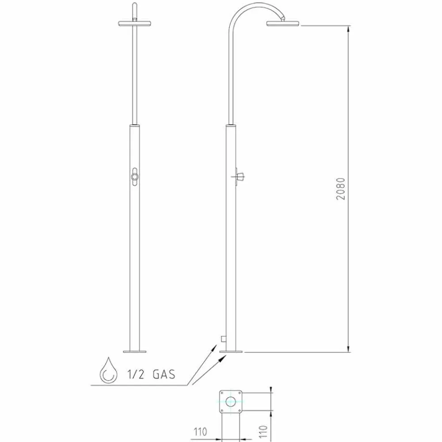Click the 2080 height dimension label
coord(340,189)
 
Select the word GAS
coord(164,374)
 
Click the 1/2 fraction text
coord(136,374)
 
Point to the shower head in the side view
coord(282,23)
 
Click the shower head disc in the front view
coord(135,23)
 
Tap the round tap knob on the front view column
coord(135,177)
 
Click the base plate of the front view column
coord(135,351)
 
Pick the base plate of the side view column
coord(231,351)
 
